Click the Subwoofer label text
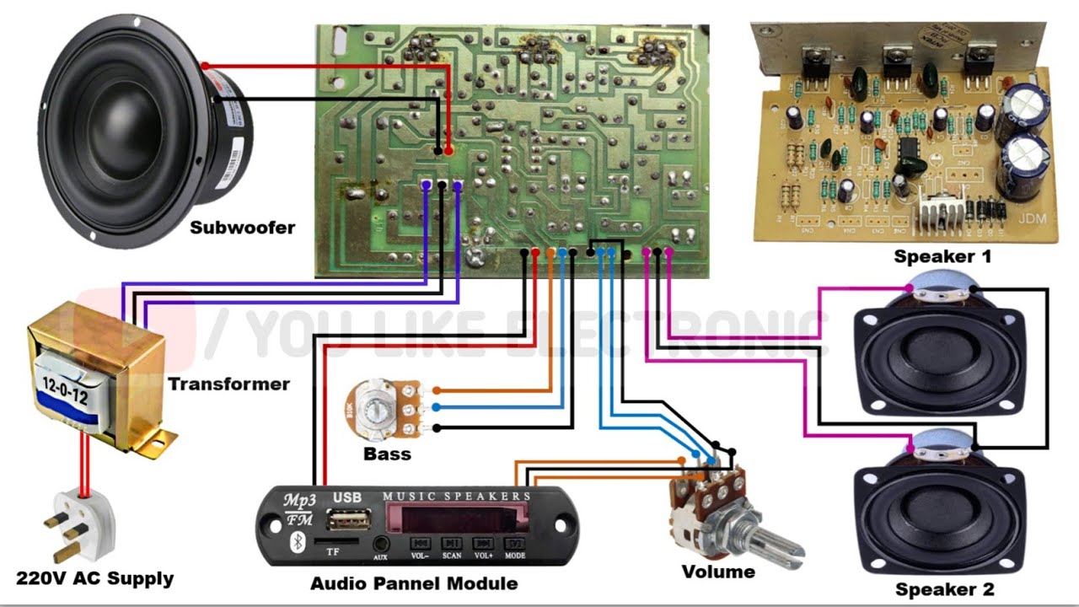click(242, 228)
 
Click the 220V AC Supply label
click(94, 579)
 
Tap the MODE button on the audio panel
click(515, 545)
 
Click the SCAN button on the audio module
click(452, 545)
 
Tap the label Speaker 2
click(944, 589)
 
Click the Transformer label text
click(228, 384)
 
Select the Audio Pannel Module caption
click(414, 583)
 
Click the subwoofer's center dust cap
click(126, 135)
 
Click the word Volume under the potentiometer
click(717, 572)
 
